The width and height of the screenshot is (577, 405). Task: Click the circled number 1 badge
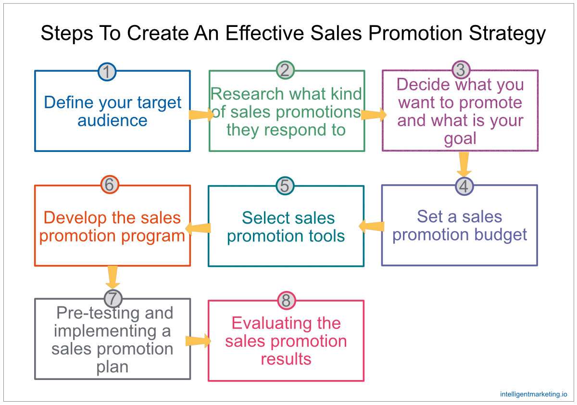pos(107,72)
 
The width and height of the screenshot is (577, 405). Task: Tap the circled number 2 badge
pos(285,71)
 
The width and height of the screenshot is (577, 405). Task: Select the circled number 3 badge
pos(461,70)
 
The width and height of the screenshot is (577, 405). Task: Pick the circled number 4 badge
pos(464,187)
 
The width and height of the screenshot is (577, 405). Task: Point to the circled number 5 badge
pos(285,186)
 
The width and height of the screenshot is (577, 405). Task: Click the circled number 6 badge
pos(110,185)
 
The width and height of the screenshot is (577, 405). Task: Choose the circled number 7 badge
pos(113,298)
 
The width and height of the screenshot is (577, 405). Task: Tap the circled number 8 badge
pos(287,301)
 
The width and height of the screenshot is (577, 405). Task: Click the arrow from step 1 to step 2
pos(201,115)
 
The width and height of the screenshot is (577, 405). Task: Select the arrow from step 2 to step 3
pos(374,114)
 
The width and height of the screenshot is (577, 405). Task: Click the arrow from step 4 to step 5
pos(371,226)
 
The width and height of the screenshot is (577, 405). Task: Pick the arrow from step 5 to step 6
pos(198,228)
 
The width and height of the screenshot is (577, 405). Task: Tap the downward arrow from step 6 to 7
pos(113,277)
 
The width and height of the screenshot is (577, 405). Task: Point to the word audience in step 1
pos(113,120)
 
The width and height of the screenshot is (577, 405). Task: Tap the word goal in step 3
pos(460,139)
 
